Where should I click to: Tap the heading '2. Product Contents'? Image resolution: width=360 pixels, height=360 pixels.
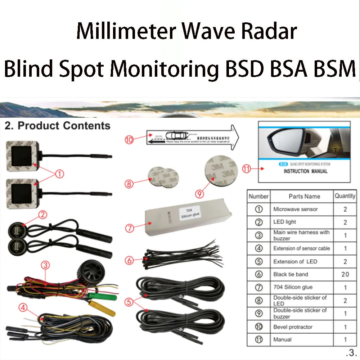(57, 126)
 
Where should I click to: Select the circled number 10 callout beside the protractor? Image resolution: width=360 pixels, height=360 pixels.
(129, 140)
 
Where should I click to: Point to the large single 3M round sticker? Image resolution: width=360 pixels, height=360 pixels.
(220, 172)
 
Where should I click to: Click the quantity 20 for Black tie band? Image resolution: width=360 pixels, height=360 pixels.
(345, 274)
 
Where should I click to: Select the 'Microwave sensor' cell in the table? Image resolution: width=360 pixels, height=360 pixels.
(295, 209)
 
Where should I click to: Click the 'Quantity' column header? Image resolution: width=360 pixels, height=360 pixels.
(345, 196)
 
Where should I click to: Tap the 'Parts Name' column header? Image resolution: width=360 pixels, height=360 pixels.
(304, 197)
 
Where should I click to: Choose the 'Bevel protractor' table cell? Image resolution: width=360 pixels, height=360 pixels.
(293, 327)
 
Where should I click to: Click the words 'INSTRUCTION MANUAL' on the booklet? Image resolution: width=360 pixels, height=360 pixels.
(306, 171)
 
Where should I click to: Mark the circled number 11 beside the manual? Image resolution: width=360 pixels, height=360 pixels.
(247, 168)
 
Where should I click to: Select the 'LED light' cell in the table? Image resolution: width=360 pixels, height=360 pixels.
(285, 222)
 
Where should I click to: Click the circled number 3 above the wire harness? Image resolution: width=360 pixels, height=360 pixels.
(45, 265)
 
